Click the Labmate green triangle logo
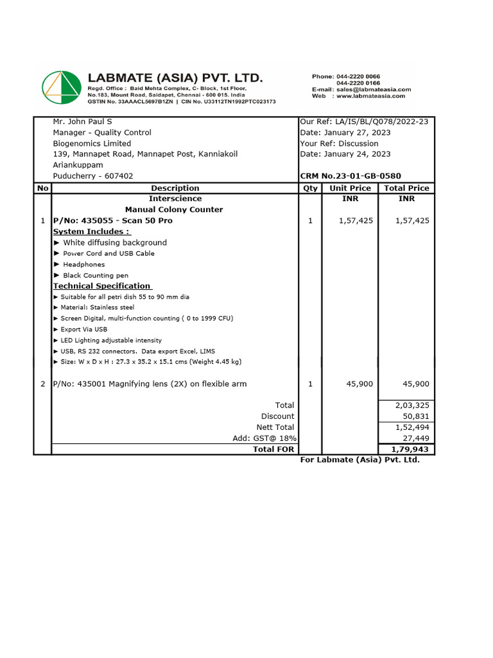pyautogui.click(x=62, y=87)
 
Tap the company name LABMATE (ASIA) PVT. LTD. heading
pyautogui.click(x=175, y=78)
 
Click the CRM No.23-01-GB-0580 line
pyautogui.click(x=350, y=176)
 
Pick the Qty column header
pyautogui.click(x=310, y=188)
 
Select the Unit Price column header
pyautogui.click(x=350, y=188)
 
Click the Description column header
pyautogui.click(x=175, y=188)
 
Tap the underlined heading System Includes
pyautogui.click(x=91, y=231)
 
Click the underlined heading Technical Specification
pyautogui.click(x=102, y=286)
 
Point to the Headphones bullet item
pyautogui.click(x=83, y=264)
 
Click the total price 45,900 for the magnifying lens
pyautogui.click(x=415, y=384)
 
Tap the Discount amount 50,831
pyautogui.click(x=416, y=416)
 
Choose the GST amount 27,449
pyautogui.click(x=416, y=438)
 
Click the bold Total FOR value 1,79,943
pyautogui.click(x=410, y=449)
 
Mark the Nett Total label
pyautogui.click(x=275, y=427)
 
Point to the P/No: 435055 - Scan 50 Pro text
pyautogui.click(x=112, y=220)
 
